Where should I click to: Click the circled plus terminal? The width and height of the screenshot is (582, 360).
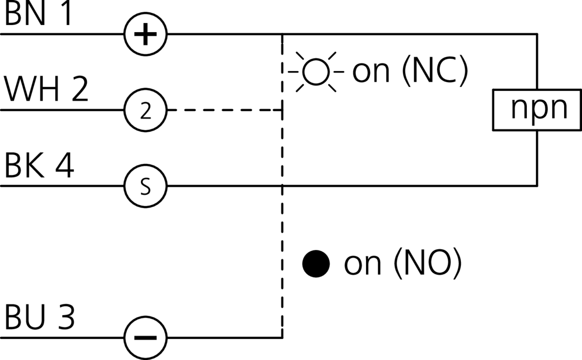pyautogui.click(x=145, y=35)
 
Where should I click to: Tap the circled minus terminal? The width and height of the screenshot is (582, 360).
pyautogui.click(x=145, y=337)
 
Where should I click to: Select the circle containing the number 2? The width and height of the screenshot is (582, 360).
pyautogui.click(x=145, y=110)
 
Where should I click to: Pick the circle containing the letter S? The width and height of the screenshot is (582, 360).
pyautogui.click(x=145, y=186)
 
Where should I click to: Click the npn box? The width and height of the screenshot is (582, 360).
pyautogui.click(x=537, y=110)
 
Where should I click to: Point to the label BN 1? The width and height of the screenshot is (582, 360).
pyautogui.click(x=39, y=15)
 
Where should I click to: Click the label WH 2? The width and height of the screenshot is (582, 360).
pyautogui.click(x=46, y=91)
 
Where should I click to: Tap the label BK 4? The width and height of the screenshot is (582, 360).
pyautogui.click(x=40, y=166)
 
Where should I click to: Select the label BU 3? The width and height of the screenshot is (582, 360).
pyautogui.click(x=40, y=318)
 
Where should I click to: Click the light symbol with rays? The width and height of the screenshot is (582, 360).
pyautogui.click(x=316, y=72)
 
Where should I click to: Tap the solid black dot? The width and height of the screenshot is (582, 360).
pyautogui.click(x=316, y=263)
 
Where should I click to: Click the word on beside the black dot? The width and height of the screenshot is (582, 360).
pyautogui.click(x=362, y=265)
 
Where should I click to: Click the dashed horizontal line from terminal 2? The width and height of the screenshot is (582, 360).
pyautogui.click(x=225, y=110)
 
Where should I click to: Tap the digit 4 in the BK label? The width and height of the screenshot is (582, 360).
pyautogui.click(x=63, y=166)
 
